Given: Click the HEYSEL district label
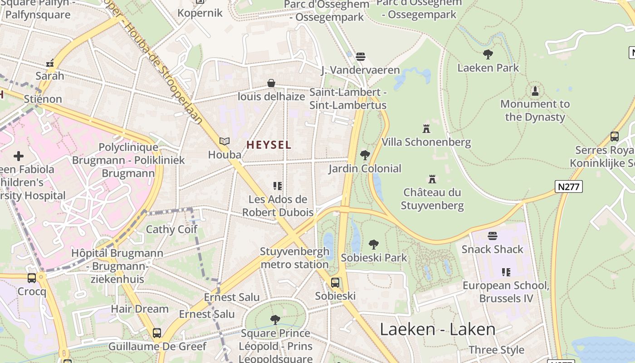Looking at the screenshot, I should [269, 145].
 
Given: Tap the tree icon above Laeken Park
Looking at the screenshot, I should [488, 54].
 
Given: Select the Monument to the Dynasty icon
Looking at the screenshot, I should [535, 91].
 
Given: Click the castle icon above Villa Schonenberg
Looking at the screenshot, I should [426, 129].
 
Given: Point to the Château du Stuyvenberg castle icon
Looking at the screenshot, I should [432, 179].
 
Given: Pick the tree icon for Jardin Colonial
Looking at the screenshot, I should [365, 155].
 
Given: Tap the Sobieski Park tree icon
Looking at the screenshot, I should [374, 245].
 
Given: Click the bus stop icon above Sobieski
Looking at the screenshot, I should [335, 282].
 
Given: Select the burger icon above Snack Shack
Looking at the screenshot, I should [493, 236].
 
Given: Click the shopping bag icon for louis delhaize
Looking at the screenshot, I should [271, 83].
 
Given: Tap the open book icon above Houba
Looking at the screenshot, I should [225, 141].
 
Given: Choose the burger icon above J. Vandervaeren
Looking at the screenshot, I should [361, 57].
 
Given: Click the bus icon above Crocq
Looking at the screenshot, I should [32, 278].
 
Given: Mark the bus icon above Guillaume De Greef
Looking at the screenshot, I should [157, 333].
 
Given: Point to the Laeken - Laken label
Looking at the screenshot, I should [438, 329].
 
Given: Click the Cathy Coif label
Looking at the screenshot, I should [171, 229].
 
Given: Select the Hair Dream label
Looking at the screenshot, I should [140, 309].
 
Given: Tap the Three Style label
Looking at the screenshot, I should [496, 350].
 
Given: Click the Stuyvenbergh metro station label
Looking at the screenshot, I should [294, 258].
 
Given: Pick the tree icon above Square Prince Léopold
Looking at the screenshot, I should [275, 320].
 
